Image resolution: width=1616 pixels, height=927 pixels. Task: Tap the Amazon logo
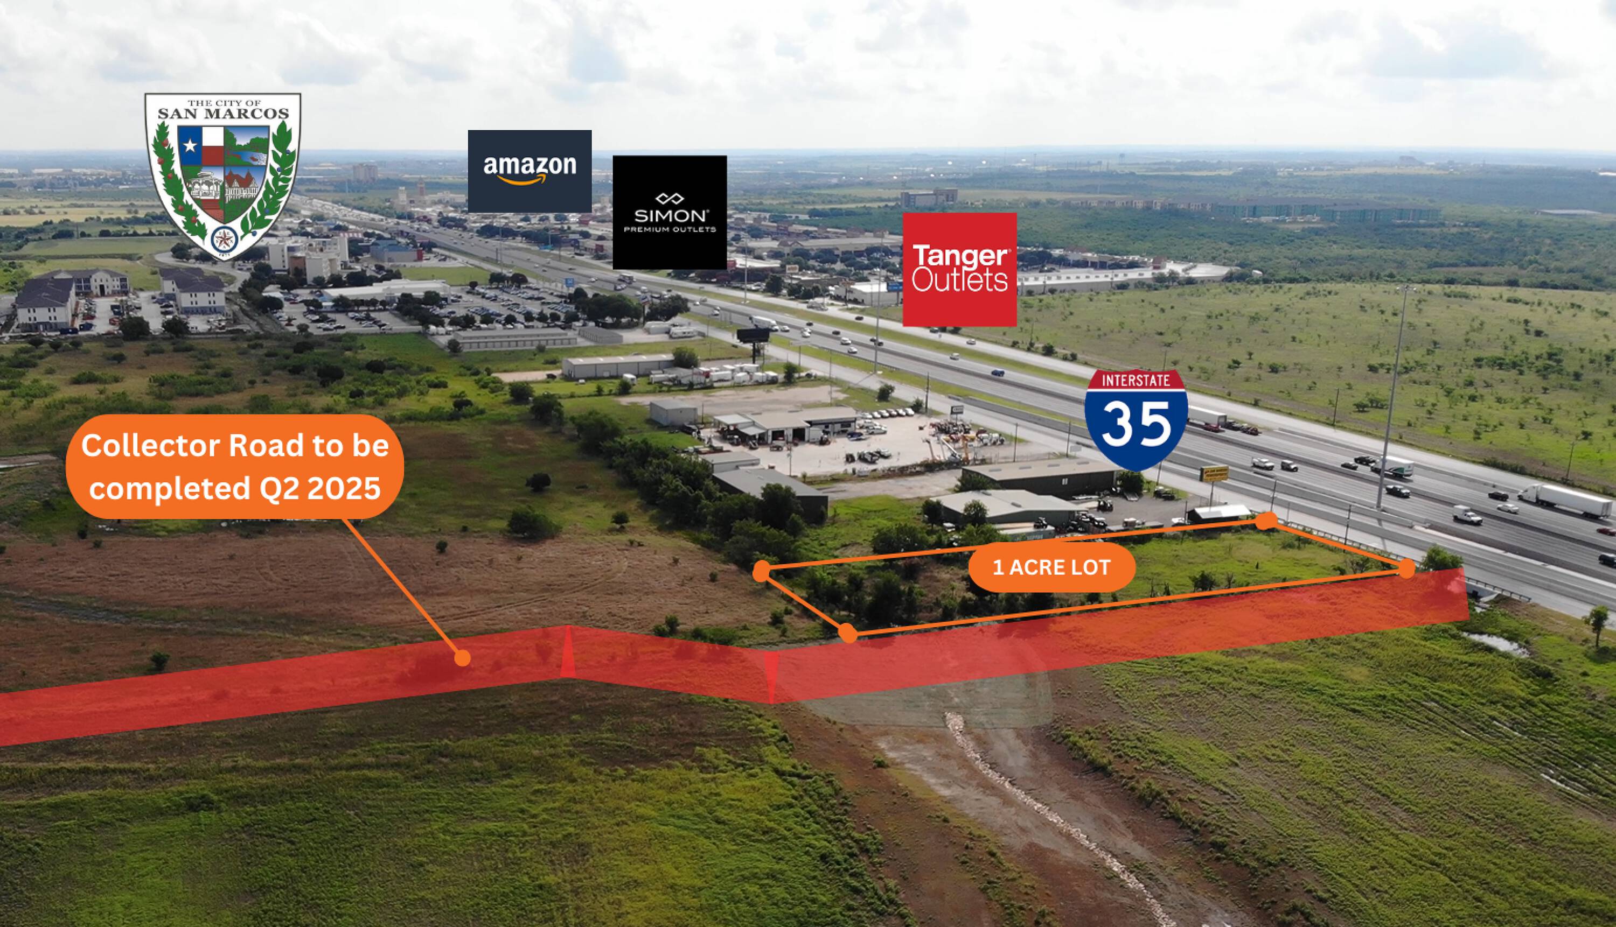click(x=530, y=171)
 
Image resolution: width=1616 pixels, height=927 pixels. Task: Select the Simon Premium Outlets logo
click(x=670, y=212)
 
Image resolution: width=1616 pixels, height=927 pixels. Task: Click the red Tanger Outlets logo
click(x=959, y=269)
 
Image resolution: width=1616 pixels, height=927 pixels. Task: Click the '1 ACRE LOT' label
click(x=1051, y=567)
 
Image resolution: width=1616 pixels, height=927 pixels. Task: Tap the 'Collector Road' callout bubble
click(x=234, y=467)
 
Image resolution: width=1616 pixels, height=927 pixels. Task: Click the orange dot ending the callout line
click(x=462, y=658)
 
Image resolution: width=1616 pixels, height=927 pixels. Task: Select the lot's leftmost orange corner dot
click(x=761, y=572)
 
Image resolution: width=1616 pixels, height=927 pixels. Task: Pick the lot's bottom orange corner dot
click(x=847, y=633)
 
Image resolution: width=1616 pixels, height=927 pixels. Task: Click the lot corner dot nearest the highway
click(x=1406, y=568)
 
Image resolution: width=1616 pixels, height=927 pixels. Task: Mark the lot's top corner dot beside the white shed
click(x=1267, y=521)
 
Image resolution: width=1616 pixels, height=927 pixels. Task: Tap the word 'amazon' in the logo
click(x=530, y=166)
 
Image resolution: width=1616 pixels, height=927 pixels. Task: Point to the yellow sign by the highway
click(x=1214, y=473)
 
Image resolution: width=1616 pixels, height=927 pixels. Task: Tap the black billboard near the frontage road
click(x=753, y=335)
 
